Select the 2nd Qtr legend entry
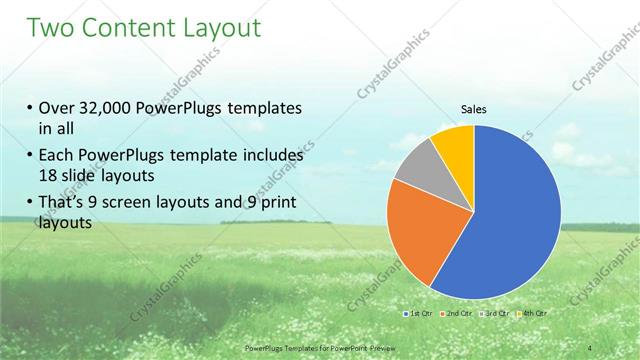[x=457, y=313]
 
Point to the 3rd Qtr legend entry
[x=497, y=313]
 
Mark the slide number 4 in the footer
[x=591, y=346]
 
